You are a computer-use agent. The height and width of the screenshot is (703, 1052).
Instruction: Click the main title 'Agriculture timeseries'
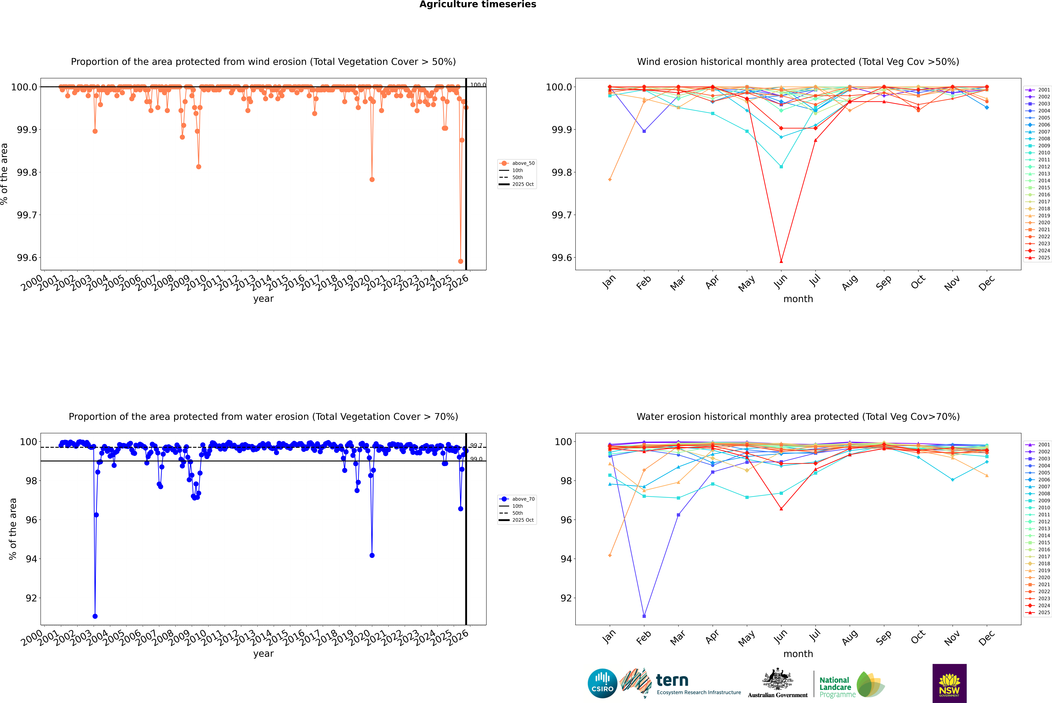pyautogui.click(x=478, y=4)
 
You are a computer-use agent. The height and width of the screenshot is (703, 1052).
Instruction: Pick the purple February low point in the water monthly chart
pyautogui.click(x=644, y=616)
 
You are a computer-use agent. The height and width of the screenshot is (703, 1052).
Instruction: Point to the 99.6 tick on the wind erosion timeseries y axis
pyautogui.click(x=27, y=258)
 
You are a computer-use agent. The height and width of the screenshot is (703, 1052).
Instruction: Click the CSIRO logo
pyautogui.click(x=602, y=683)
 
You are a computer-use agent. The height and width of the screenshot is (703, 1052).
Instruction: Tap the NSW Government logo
pyautogui.click(x=949, y=683)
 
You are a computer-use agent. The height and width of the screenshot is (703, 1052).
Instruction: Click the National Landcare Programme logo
pyautogui.click(x=851, y=685)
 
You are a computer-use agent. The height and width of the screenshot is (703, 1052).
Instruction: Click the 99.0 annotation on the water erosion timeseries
pyautogui.click(x=476, y=459)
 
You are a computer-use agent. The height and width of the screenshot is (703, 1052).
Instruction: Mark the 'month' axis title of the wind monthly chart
pyautogui.click(x=798, y=299)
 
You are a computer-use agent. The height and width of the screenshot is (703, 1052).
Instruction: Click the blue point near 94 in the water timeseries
pyautogui.click(x=372, y=555)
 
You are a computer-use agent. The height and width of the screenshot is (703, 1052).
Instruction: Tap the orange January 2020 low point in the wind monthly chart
pyautogui.click(x=610, y=180)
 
